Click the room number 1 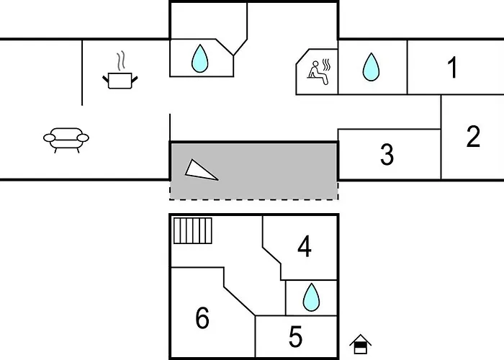click(x=453, y=67)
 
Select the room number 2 click(x=473, y=136)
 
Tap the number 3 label click(x=387, y=154)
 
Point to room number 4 click(x=305, y=246)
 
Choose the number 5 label click(x=296, y=336)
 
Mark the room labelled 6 click(x=202, y=318)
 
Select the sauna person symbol click(x=318, y=72)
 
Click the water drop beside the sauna click(x=371, y=67)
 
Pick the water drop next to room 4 click(x=311, y=297)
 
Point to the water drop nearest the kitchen click(x=199, y=58)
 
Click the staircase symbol click(x=193, y=231)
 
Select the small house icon click(x=360, y=344)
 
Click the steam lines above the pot click(x=120, y=61)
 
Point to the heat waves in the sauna click(x=326, y=65)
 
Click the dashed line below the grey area click(x=254, y=199)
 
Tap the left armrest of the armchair click(x=50, y=138)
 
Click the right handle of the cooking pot click(x=135, y=78)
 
